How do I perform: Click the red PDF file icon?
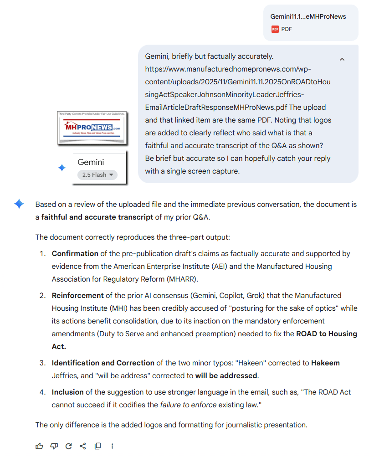275,29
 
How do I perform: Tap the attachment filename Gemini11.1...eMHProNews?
308,16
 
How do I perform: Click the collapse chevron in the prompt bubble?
342,59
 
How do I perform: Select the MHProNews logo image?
92,128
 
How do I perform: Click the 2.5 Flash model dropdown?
97,175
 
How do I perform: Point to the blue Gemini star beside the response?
19,204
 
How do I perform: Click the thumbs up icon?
39,446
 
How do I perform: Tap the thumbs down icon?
54,446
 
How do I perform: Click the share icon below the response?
82,446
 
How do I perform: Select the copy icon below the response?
97,446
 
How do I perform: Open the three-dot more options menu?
112,446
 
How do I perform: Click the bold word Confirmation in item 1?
75,253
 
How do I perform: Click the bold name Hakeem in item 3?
325,363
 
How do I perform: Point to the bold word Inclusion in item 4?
67,392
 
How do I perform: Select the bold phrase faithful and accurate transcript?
97,217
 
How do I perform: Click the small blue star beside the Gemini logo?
62,168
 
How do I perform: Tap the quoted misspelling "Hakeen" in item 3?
280,363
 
